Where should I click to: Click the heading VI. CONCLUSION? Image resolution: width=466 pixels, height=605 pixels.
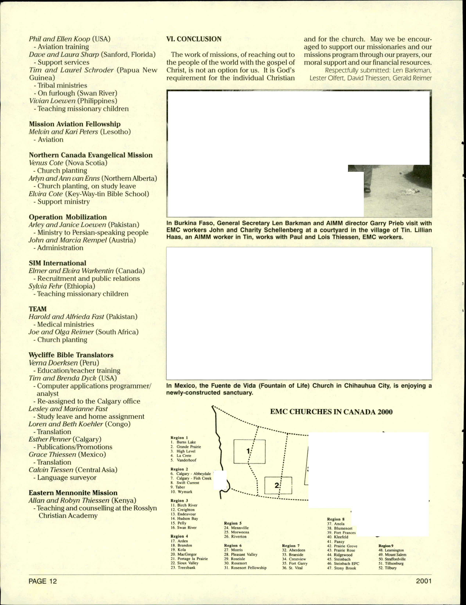click(x=194, y=39)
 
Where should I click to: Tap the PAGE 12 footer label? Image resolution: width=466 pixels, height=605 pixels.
click(x=43, y=581)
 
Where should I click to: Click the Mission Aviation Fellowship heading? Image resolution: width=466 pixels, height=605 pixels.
click(x=75, y=124)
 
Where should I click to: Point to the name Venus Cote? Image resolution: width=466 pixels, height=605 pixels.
click(x=46, y=163)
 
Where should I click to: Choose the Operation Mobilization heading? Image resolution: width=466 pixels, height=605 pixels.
click(x=68, y=217)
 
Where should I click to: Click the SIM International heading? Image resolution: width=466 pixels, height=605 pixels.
click(x=58, y=263)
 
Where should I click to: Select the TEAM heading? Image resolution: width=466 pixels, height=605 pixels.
click(x=38, y=309)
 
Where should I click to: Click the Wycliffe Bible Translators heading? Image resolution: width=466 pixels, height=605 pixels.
click(x=71, y=355)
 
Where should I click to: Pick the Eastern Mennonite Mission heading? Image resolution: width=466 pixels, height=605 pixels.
click(x=73, y=493)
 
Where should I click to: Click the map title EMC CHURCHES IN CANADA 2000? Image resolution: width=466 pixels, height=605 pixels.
click(x=331, y=412)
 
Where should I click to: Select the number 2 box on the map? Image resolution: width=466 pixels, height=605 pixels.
click(x=278, y=485)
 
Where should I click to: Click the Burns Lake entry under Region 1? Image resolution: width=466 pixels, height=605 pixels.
click(x=186, y=442)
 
